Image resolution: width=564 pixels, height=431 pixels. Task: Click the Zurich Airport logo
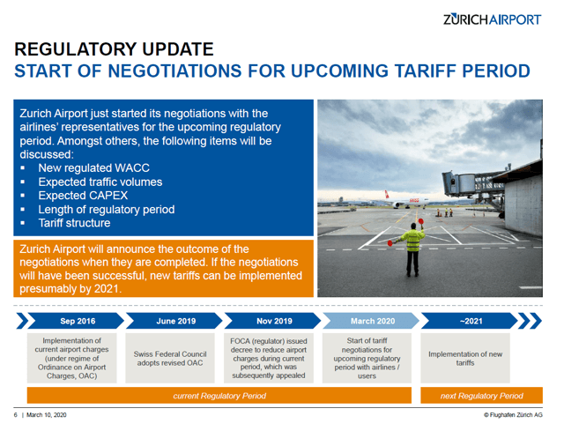tap(492, 19)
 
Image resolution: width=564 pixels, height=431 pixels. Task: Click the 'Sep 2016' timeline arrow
tap(76, 321)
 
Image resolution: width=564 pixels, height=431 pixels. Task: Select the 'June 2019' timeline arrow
tap(174, 321)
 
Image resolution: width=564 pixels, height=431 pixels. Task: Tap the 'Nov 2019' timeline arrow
tap(272, 321)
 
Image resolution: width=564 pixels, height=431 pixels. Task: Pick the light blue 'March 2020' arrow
tap(371, 321)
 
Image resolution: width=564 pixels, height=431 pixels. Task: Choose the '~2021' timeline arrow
tap(470, 321)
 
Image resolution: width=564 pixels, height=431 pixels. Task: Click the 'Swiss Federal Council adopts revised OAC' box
tap(170, 359)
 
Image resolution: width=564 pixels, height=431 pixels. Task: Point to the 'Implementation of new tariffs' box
tap(465, 359)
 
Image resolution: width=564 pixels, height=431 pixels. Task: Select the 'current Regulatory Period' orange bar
tap(219, 396)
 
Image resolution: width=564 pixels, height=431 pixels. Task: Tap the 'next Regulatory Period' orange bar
tap(482, 396)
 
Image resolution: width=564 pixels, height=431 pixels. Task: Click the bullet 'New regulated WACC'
tap(94, 168)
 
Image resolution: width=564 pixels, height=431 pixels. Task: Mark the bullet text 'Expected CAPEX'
tap(83, 196)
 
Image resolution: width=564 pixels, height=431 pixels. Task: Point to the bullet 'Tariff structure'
tap(74, 223)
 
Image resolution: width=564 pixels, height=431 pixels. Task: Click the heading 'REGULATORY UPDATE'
tap(114, 49)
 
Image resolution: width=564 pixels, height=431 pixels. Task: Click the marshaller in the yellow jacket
tap(412, 247)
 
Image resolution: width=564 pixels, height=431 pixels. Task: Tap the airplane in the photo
tap(406, 201)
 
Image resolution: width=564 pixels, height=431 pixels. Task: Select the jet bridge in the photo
tap(471, 187)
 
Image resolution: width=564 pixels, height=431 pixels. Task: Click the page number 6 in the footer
tap(16, 415)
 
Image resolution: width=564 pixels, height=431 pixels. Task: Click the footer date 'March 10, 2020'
tap(47, 415)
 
